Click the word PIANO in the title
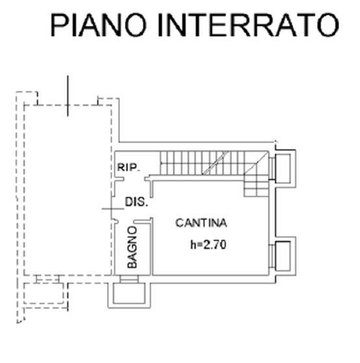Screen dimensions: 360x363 point(99,25)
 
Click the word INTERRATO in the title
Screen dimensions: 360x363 point(248,25)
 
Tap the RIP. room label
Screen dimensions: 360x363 point(129,167)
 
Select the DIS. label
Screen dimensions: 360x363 point(136,202)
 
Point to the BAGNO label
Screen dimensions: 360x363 point(133,247)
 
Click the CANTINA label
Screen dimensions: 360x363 point(201,222)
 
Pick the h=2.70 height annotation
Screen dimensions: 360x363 point(208,245)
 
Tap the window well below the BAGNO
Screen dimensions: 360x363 point(129,295)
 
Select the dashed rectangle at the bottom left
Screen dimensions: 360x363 point(44,293)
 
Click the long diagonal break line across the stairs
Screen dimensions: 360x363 point(216,163)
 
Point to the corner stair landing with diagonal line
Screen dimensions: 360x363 point(257,163)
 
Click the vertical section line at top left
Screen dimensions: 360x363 point(68,96)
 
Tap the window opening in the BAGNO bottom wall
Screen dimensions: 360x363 point(129,279)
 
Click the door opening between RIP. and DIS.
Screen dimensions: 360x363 point(135,179)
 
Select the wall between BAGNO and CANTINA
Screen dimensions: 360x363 point(151,247)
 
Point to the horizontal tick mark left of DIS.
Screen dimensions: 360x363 point(113,209)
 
